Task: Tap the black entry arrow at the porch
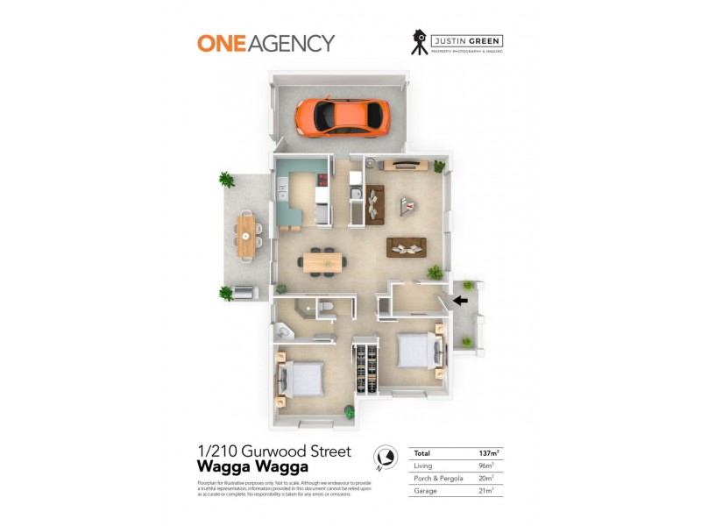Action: pyautogui.click(x=460, y=301)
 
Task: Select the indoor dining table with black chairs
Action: pyautogui.click(x=323, y=260)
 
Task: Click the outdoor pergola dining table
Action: pyautogui.click(x=248, y=236)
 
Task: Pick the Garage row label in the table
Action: pyautogui.click(x=425, y=490)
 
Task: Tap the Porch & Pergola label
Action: pyautogui.click(x=439, y=478)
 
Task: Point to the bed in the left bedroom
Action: pyautogui.click(x=302, y=380)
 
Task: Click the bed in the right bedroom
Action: pyautogui.click(x=418, y=352)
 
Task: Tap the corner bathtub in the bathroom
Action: pyautogui.click(x=285, y=332)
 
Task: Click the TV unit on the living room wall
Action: pyautogui.click(x=405, y=165)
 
